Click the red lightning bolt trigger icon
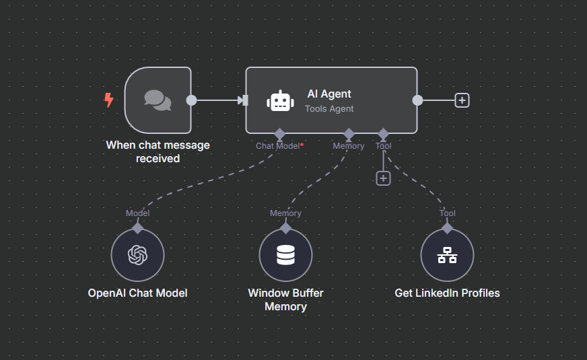[108, 100]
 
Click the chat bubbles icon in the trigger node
[158, 100]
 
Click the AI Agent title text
[329, 94]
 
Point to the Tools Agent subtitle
[329, 108]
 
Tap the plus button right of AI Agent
[462, 100]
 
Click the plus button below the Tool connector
[383, 178]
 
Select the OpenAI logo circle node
[137, 255]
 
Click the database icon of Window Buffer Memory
[285, 255]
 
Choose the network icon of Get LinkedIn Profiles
[447, 255]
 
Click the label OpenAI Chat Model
[137, 293]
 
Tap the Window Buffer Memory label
[285, 300]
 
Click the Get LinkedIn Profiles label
[447, 293]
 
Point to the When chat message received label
[158, 151]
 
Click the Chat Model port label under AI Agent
[277, 146]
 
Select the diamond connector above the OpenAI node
[137, 228]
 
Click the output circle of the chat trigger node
[191, 100]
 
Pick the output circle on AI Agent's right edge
[417, 100]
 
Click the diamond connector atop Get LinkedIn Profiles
[447, 228]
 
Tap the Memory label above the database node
[285, 213]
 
